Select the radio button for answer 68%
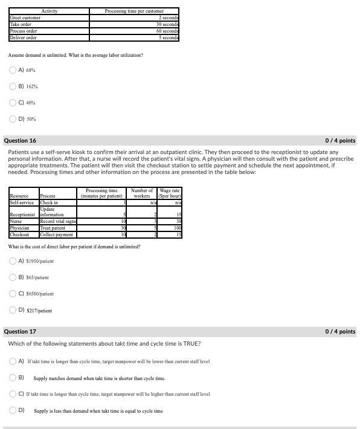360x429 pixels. (13, 70)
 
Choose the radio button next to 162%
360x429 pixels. (13, 86)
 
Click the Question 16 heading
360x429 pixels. (20, 141)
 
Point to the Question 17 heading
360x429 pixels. (20, 331)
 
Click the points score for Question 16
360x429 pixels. (340, 141)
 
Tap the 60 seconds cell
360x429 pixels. (167, 31)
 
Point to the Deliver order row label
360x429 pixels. (24, 37)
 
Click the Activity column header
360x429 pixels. (49, 11)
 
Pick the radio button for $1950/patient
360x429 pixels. (13, 261)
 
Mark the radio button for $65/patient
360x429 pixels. (13, 277)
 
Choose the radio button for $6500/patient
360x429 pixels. (13, 294)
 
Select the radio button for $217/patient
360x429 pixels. (13, 310)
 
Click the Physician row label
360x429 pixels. (19, 228)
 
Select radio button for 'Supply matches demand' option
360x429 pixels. (13, 378)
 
